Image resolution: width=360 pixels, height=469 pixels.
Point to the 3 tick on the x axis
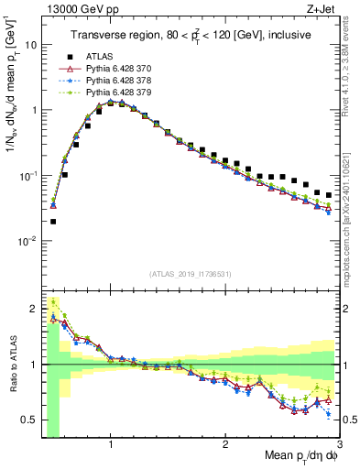(339, 443)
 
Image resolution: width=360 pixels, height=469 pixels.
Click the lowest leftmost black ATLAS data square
(53, 222)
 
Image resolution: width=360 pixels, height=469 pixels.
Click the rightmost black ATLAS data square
(329, 193)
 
